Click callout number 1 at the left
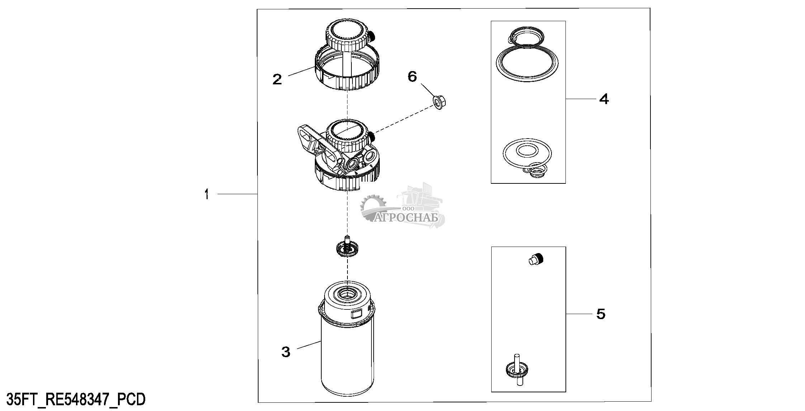(x=207, y=195)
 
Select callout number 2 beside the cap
(x=277, y=79)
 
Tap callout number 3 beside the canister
(x=285, y=352)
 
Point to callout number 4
(x=604, y=99)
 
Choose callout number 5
(x=601, y=314)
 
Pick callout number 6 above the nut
(x=412, y=76)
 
